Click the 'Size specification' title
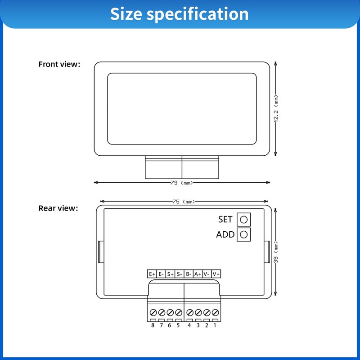coord(179,14)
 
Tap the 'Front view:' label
coord(59,64)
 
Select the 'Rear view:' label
coord(58,208)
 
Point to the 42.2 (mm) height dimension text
coord(276,109)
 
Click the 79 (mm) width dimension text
coord(182,183)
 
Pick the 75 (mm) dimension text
coord(184,202)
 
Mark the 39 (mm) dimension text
coord(276,252)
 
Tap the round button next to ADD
coord(243,234)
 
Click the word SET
coord(225,220)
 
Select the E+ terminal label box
coord(152,274)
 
